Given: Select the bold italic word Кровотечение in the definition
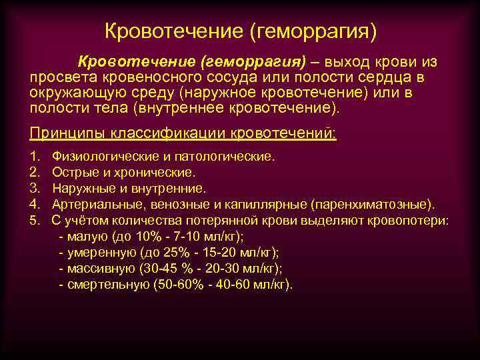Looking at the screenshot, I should pyautogui.click(x=135, y=62).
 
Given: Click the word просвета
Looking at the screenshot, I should pyautogui.click(x=59, y=77).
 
